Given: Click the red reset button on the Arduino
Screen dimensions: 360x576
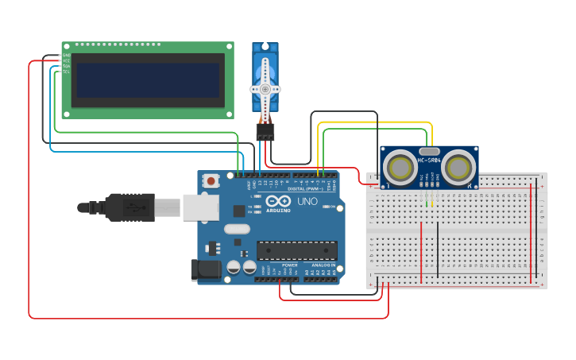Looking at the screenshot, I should pyautogui.click(x=211, y=180).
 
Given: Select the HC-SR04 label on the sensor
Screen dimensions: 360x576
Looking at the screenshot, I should pyautogui.click(x=429, y=160).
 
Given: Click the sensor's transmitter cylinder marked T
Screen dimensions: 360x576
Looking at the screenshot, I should pyautogui.click(x=398, y=167).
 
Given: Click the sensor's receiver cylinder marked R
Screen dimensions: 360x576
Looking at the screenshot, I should pyautogui.click(x=459, y=167).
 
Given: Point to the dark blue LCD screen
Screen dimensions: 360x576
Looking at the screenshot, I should pyautogui.click(x=146, y=79).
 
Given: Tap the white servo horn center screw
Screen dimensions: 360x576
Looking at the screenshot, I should pyautogui.click(x=265, y=87).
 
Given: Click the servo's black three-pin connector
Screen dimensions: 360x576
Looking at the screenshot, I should pyautogui.click(x=265, y=131).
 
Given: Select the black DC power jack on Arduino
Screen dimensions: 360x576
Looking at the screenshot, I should pyautogui.click(x=207, y=269).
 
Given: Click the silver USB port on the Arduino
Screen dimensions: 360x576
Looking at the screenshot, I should pyautogui.click(x=200, y=207).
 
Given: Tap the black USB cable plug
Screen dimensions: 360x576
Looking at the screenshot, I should pyautogui.click(x=127, y=207).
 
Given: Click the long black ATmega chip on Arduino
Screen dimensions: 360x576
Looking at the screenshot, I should pyautogui.click(x=296, y=250).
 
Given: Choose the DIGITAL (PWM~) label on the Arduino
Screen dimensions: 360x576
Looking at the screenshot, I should pyautogui.click(x=307, y=188).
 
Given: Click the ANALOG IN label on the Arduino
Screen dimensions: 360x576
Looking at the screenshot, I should pyautogui.click(x=323, y=265).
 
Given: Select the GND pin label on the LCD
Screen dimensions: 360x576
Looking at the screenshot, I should pyautogui.click(x=67, y=55).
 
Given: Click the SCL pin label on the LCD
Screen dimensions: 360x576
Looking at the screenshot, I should pyautogui.click(x=67, y=72).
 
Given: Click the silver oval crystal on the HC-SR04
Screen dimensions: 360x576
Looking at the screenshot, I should pyautogui.click(x=429, y=150).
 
